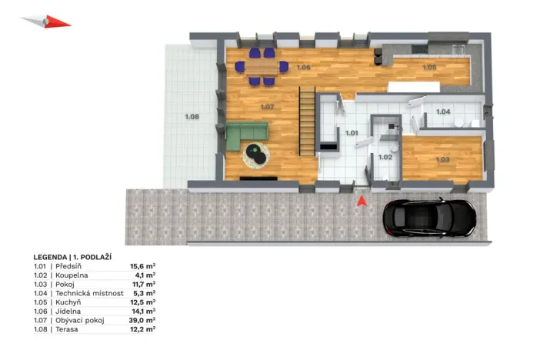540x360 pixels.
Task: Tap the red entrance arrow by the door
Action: click(360, 201)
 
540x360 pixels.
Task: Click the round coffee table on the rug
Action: click(256, 155)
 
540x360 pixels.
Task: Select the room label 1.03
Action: click(442, 159)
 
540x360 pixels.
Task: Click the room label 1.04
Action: click(443, 112)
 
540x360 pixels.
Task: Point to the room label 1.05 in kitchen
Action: click(429, 68)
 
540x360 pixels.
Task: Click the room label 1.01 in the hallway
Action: click(352, 133)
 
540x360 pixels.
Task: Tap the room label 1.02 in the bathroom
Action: click(385, 157)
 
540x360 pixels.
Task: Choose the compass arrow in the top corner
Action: click(47, 21)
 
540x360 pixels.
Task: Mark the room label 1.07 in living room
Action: click(267, 107)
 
